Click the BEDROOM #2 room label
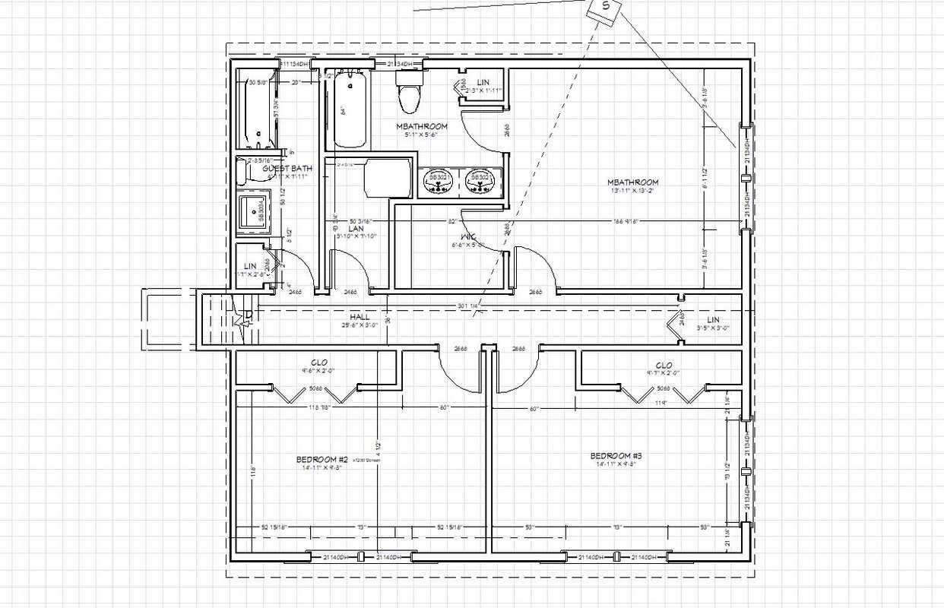click(x=322, y=460)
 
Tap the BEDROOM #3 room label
click(x=616, y=456)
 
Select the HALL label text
click(x=360, y=316)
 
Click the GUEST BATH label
click(x=287, y=169)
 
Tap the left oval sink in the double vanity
click(x=439, y=180)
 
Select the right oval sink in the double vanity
click(x=480, y=180)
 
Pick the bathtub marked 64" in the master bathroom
click(x=349, y=110)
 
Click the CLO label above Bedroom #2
click(x=319, y=363)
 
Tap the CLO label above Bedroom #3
click(x=664, y=366)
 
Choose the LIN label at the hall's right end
click(x=712, y=321)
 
